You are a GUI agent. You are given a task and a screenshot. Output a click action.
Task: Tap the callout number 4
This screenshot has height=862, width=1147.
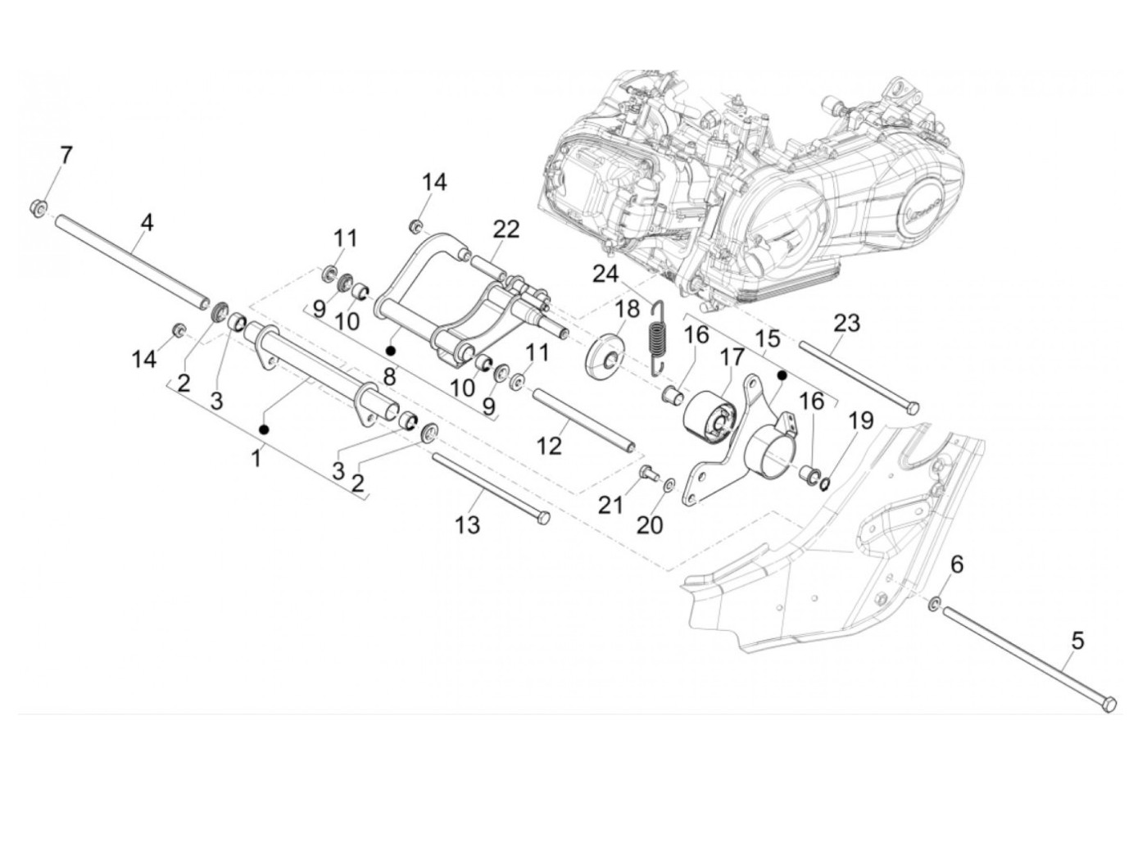point(147,221)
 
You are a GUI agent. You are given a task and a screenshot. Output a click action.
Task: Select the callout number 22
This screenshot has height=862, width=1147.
point(506,229)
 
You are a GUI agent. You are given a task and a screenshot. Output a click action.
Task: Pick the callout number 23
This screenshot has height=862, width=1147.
point(846,323)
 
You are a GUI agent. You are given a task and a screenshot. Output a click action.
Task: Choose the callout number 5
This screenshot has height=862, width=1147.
point(1077,640)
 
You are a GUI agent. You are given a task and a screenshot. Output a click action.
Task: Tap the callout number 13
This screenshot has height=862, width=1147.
point(467,525)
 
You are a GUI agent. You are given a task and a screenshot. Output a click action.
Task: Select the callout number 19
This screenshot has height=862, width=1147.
point(860,422)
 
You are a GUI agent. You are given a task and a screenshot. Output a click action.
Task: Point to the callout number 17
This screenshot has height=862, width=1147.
point(732,357)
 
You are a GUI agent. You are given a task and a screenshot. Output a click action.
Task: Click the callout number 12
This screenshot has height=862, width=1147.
point(550,445)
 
